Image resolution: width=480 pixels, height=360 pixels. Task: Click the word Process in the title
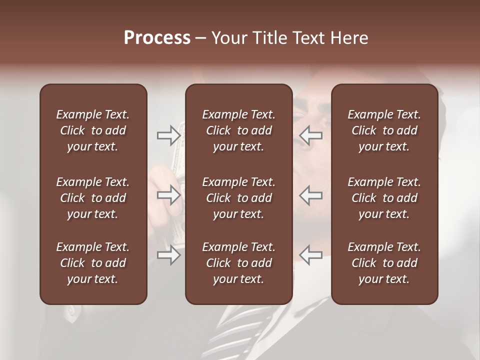pyautogui.click(x=157, y=38)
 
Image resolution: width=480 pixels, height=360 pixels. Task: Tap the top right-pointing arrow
pyautogui.click(x=169, y=135)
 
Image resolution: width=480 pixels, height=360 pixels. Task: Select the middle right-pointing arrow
pyautogui.click(x=169, y=195)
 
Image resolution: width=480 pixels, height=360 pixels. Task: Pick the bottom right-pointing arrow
pyautogui.click(x=169, y=255)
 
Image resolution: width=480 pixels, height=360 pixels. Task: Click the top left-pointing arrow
pyautogui.click(x=311, y=135)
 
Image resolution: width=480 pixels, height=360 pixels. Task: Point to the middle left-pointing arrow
pyautogui.click(x=311, y=195)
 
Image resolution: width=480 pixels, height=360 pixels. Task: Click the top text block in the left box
pyautogui.click(x=93, y=130)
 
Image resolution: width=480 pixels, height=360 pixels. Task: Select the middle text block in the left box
pyautogui.click(x=93, y=198)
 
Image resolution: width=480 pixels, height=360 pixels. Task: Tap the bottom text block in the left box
pyautogui.click(x=93, y=263)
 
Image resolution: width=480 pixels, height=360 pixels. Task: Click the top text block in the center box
pyautogui.click(x=239, y=130)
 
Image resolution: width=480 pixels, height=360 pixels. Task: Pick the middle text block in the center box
pyautogui.click(x=239, y=198)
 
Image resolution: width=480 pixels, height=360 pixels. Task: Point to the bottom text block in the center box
pyautogui.click(x=239, y=263)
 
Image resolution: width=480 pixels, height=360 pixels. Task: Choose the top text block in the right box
pyautogui.click(x=384, y=130)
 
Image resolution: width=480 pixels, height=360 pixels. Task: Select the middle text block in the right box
pyautogui.click(x=384, y=198)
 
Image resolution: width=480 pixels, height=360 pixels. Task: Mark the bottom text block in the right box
pyautogui.click(x=384, y=263)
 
